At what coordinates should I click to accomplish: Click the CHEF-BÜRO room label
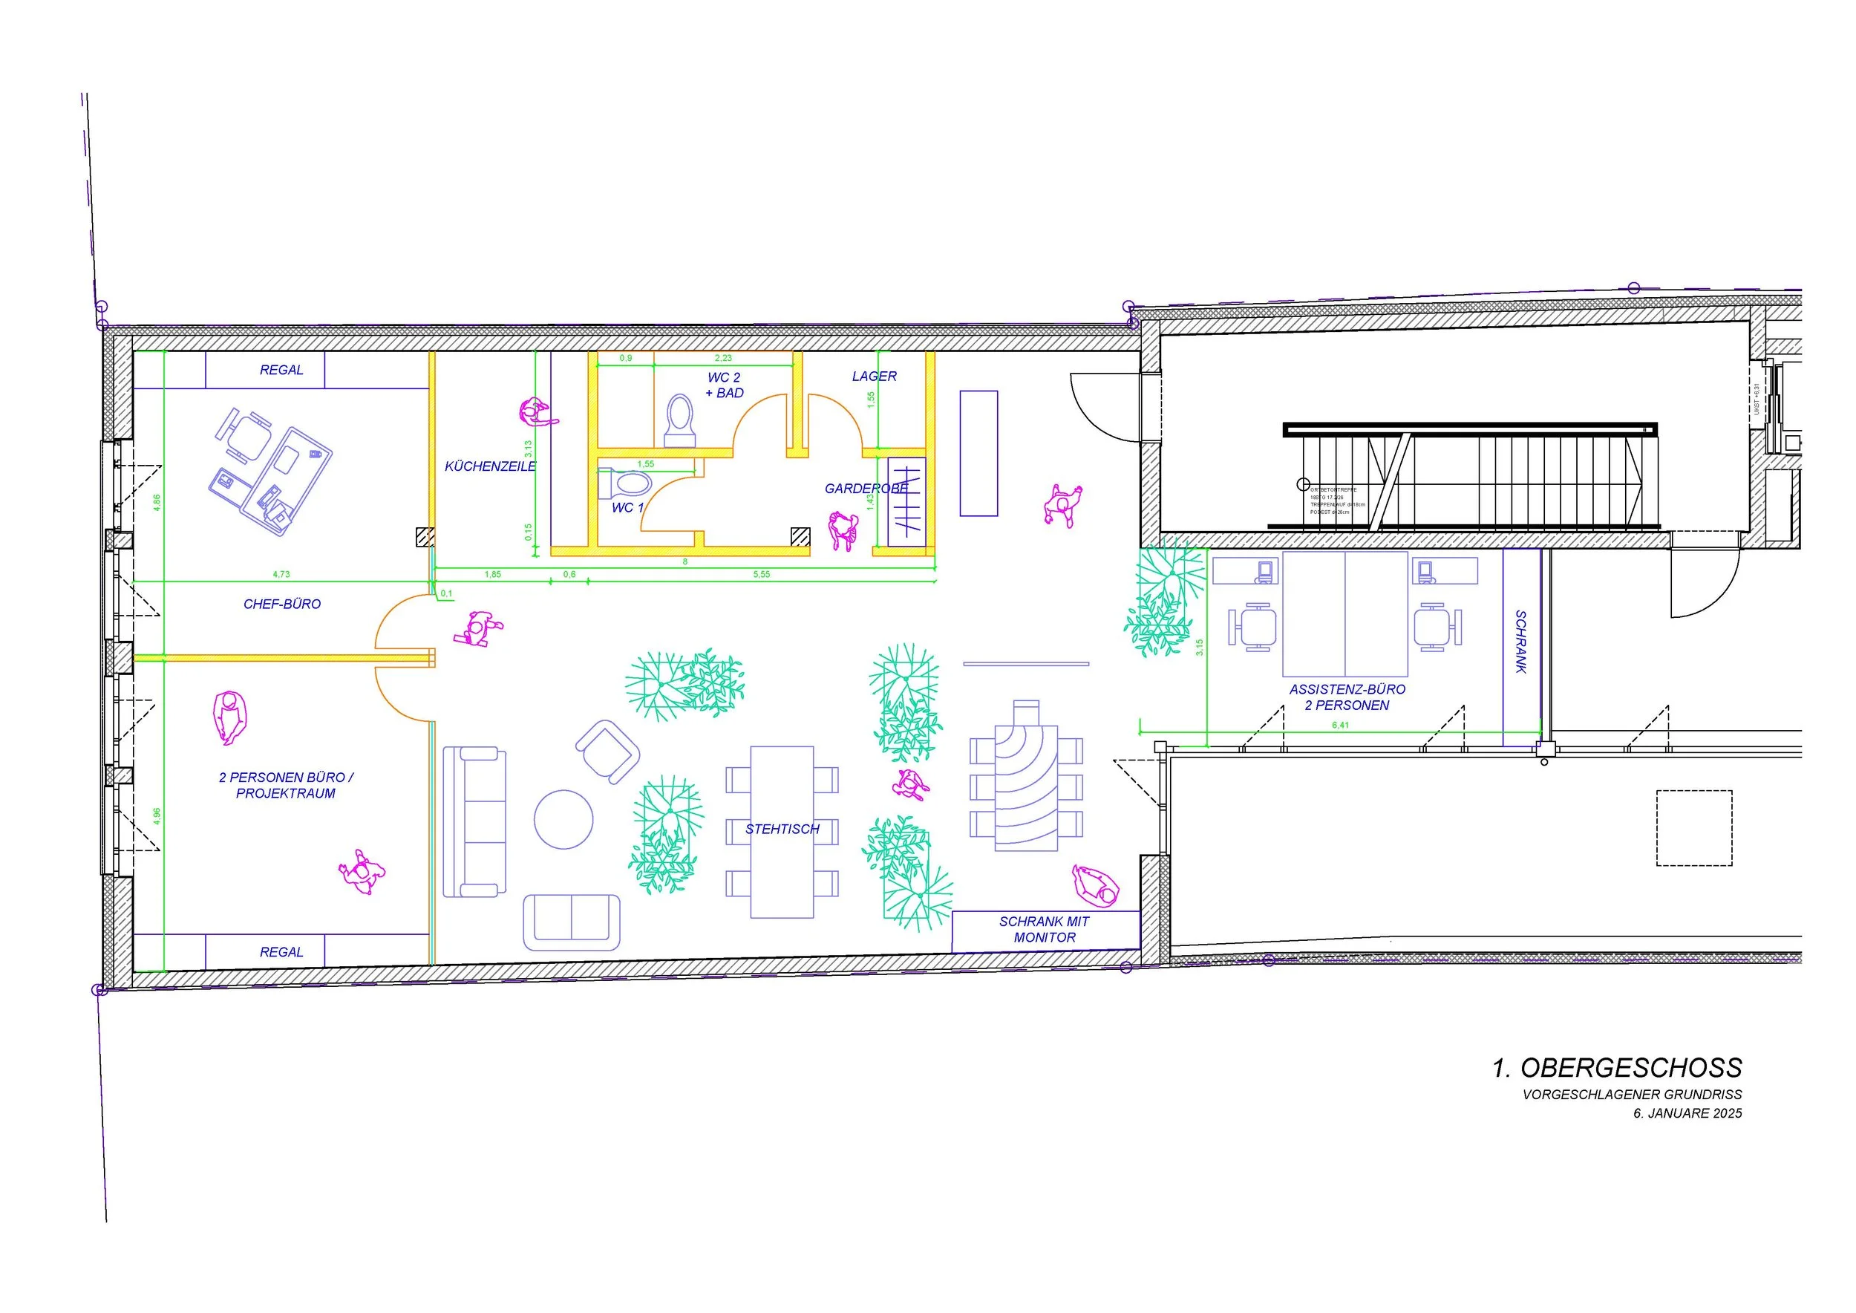tap(282, 604)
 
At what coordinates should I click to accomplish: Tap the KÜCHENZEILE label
tap(490, 466)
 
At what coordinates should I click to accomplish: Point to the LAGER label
tap(874, 377)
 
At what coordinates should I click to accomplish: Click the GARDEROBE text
tap(866, 489)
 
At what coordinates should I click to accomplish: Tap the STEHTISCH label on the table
tap(782, 830)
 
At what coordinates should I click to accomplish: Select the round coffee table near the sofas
tap(563, 819)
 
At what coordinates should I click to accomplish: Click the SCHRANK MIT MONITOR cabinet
tap(1045, 930)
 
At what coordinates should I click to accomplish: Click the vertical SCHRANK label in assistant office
tap(1520, 642)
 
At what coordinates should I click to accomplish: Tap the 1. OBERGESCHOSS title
tap(1617, 1068)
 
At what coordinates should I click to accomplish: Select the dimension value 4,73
tap(281, 574)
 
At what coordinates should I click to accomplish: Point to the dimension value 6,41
tap(1339, 726)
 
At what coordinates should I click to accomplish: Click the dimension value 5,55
tap(762, 574)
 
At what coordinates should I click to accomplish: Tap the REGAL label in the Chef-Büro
tap(281, 371)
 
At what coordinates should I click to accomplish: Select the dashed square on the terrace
tap(1693, 828)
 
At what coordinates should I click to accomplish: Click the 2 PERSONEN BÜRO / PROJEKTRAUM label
tap(285, 785)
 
